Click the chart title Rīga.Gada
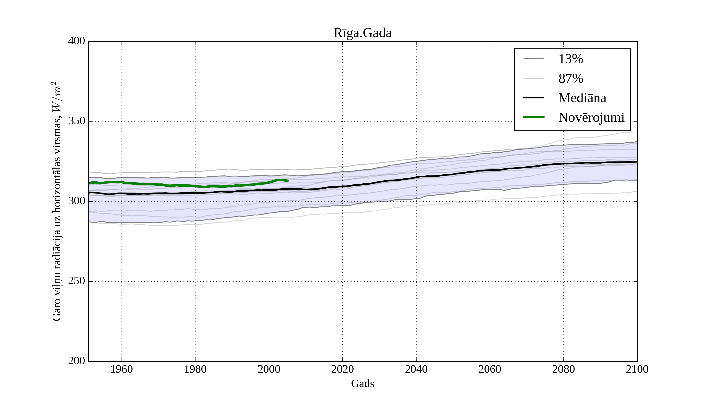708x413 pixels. [x=362, y=33]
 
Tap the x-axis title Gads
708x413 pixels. [x=362, y=383]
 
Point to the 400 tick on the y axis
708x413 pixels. [x=77, y=41]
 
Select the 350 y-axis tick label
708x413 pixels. [x=77, y=121]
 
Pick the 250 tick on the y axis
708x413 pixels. [x=77, y=281]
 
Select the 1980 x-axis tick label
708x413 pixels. [x=195, y=369]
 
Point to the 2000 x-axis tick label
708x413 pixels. [x=269, y=369]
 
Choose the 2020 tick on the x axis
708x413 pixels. [x=342, y=369]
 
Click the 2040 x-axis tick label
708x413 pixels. [x=416, y=369]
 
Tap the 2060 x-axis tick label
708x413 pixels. [x=490, y=369]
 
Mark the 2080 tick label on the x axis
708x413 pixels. [x=563, y=369]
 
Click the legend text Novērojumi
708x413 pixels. [x=591, y=117]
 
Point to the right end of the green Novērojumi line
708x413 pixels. [x=288, y=181]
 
